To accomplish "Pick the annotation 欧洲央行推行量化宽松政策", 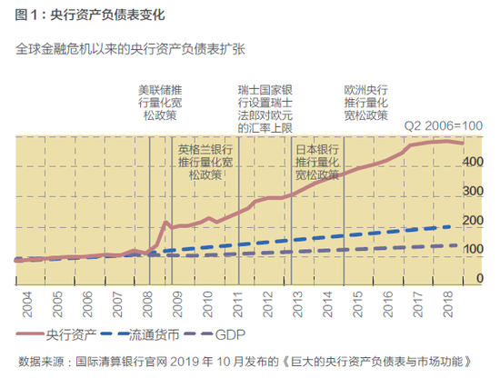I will pos(366,104).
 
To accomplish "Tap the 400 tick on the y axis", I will pos(474,161).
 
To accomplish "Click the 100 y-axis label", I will pos(474,250).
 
